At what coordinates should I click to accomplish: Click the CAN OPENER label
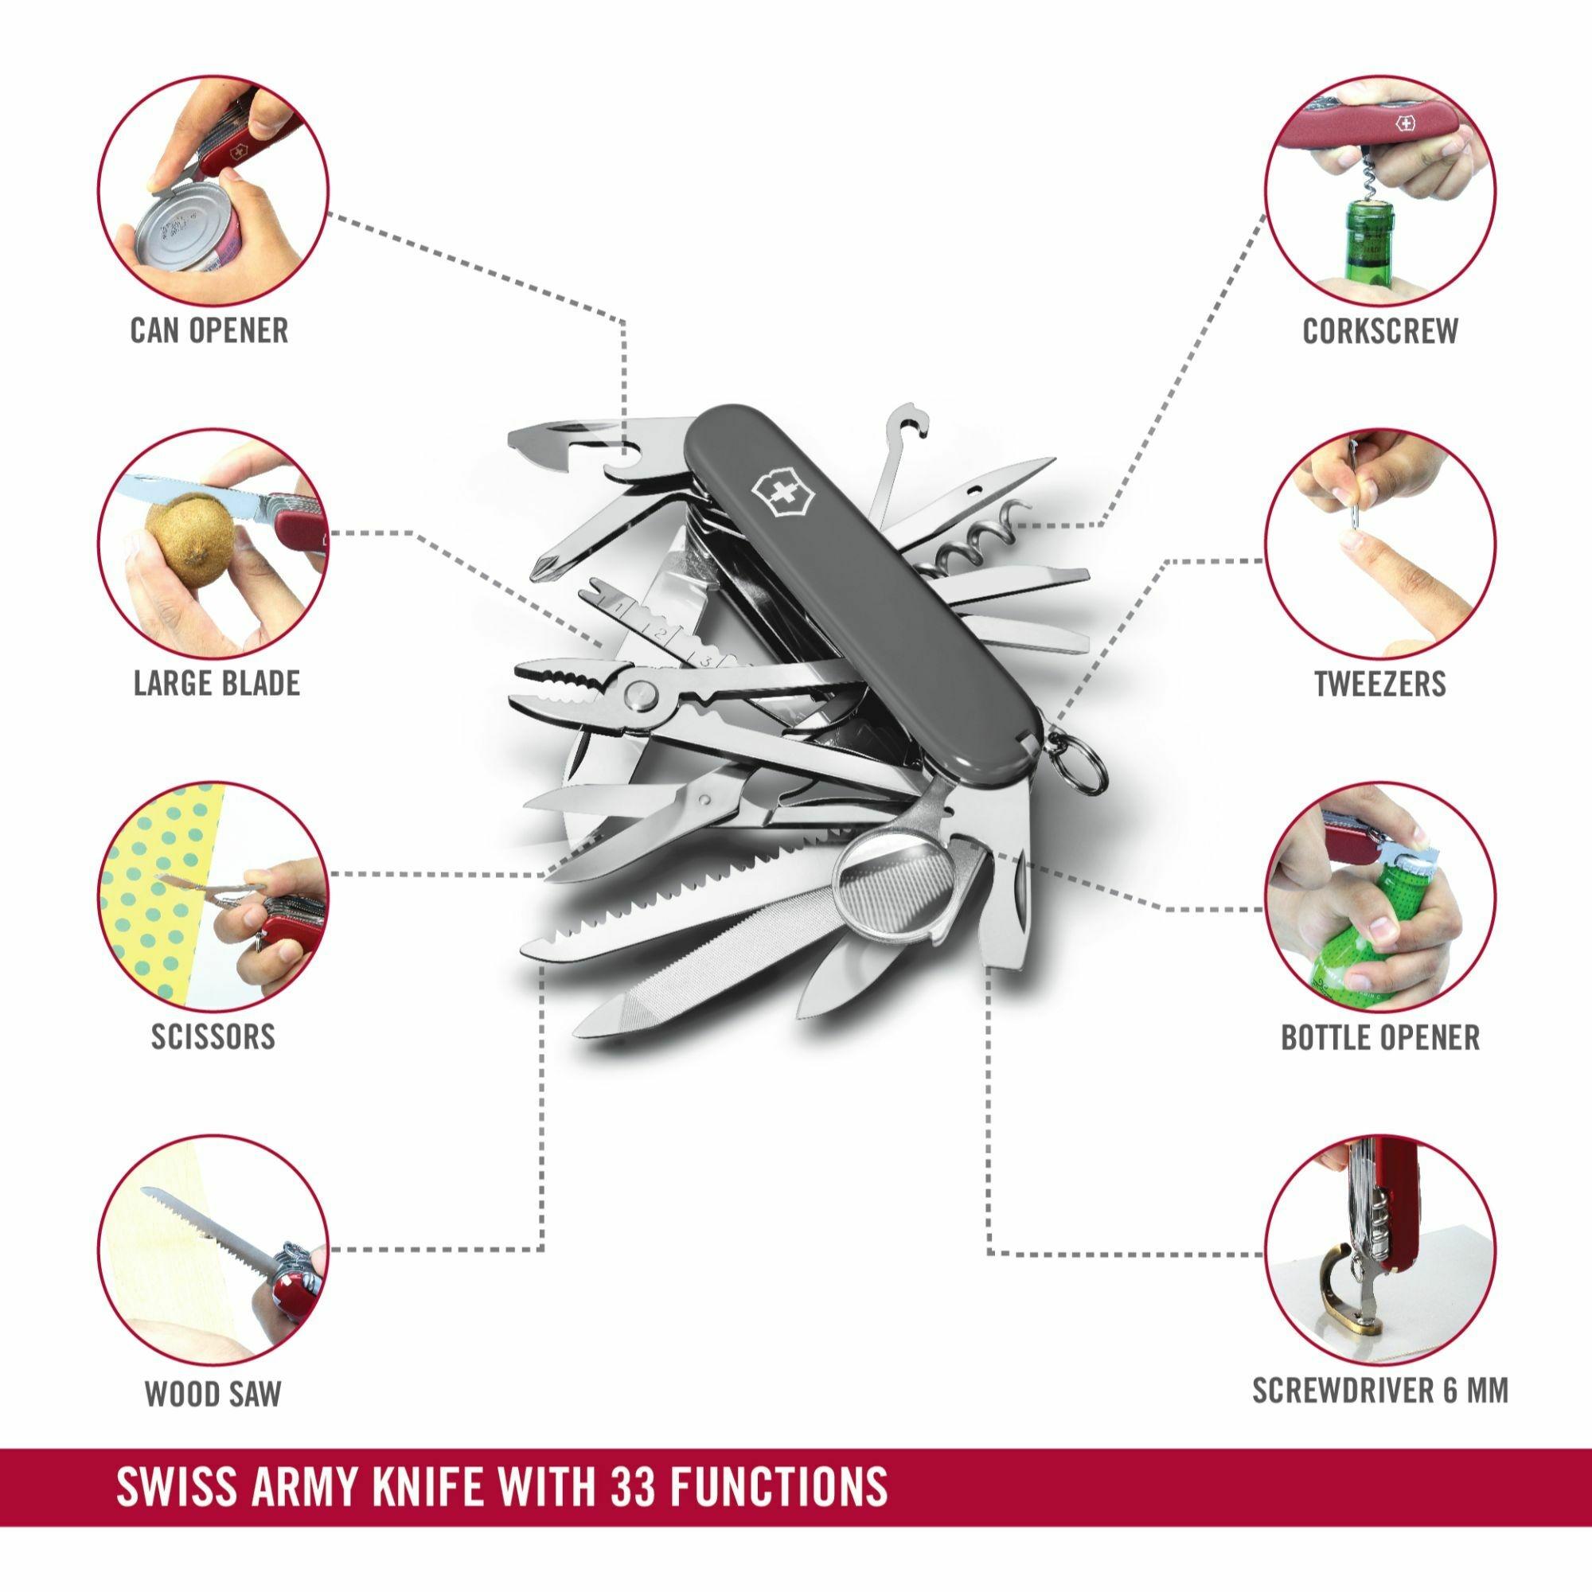tap(209, 330)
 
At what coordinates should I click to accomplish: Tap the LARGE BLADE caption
tap(217, 683)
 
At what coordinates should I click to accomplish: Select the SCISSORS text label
tap(213, 1036)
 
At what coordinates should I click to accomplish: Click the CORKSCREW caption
tap(1380, 330)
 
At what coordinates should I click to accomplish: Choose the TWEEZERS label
tap(1380, 683)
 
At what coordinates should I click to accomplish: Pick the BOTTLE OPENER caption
tap(1380, 1036)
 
